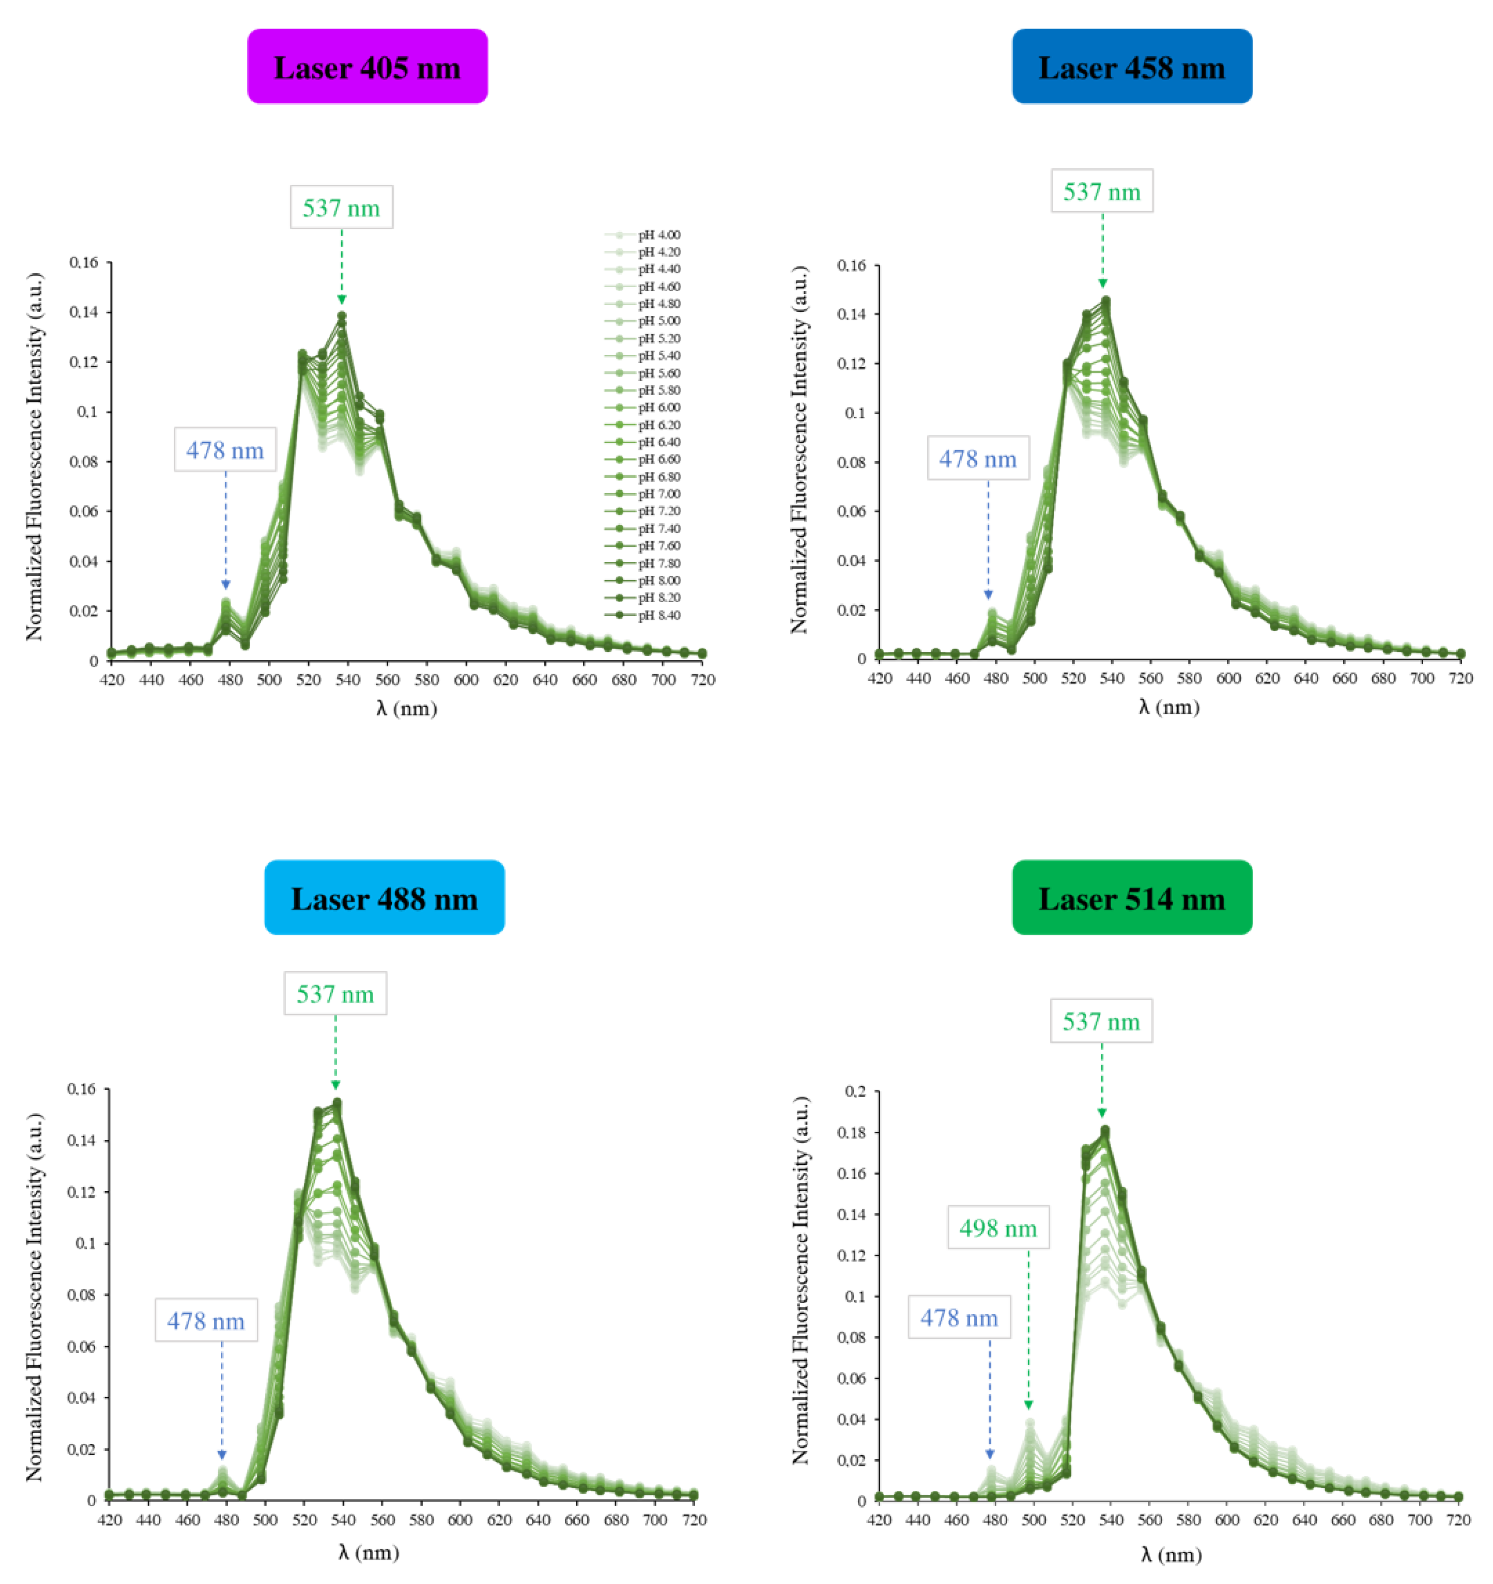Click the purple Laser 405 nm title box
(367, 67)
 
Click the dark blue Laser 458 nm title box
(1131, 67)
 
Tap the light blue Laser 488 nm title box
(384, 898)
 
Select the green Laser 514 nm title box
(1131, 898)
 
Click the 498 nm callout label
(997, 1228)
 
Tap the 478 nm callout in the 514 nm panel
(959, 1318)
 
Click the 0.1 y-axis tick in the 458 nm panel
(854, 413)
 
